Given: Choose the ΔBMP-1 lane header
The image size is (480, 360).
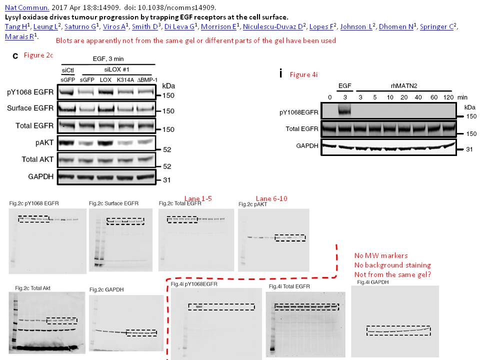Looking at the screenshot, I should tap(145, 80).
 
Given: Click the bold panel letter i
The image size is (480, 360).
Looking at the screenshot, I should tap(281, 73).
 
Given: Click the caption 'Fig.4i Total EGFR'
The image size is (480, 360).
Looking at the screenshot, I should tap(289, 286).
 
